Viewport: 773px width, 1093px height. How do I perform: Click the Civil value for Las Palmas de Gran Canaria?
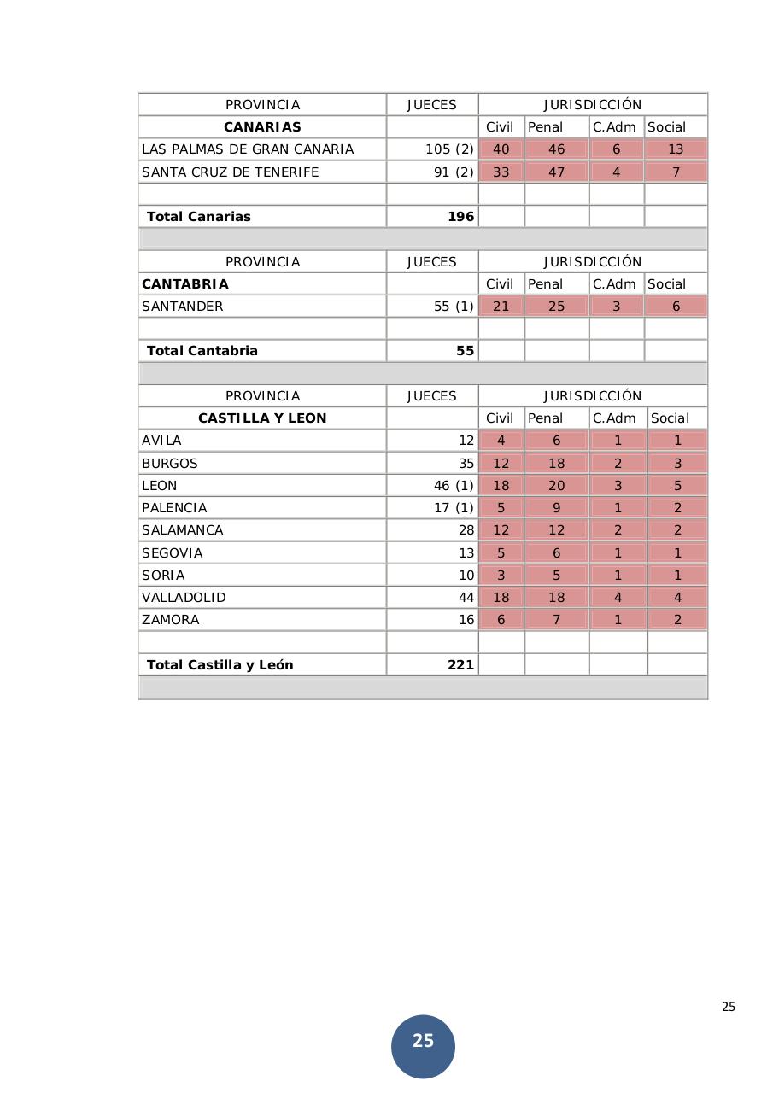501,149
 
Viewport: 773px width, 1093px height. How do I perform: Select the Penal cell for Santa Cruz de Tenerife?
556,172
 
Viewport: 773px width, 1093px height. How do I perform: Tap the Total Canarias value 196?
460,217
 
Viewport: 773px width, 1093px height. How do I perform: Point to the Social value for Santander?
676,307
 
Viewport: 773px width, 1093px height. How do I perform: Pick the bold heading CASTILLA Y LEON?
262,418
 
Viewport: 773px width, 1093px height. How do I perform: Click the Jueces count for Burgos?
466,463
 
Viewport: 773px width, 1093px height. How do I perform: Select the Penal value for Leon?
556,485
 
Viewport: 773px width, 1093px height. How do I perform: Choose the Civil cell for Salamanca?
501,530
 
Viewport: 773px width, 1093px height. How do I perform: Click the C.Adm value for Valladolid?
618,597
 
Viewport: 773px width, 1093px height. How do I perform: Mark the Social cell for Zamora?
677,620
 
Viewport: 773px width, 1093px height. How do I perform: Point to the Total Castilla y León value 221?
460,664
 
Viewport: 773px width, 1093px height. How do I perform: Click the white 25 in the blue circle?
423,1041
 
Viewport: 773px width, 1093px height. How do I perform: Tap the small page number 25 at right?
728,1007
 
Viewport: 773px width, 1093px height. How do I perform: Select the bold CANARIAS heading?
262,127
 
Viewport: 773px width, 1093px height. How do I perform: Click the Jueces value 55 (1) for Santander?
453,307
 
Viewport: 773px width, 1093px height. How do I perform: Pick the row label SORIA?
163,575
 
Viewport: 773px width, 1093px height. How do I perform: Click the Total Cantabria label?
202,351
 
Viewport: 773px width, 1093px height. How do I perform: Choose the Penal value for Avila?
556,441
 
